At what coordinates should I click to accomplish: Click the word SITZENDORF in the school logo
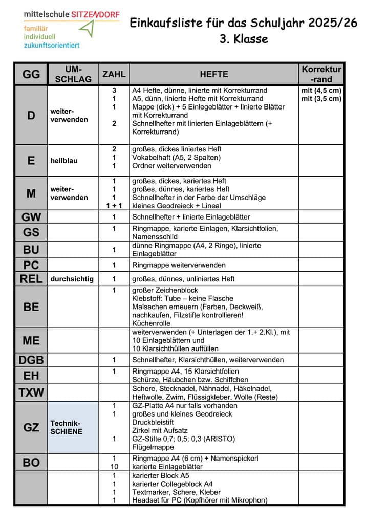point(95,15)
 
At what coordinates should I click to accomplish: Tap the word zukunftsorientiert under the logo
point(51,45)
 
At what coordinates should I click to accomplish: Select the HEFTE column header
point(213,74)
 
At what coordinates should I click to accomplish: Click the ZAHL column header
point(114,74)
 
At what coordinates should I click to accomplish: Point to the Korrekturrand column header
point(321,74)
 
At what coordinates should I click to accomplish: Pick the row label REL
point(31,279)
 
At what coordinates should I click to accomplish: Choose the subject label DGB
point(31,360)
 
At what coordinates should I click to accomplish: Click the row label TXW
point(31,393)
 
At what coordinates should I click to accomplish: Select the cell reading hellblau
point(64,160)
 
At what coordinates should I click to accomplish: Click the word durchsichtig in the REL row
point(72,279)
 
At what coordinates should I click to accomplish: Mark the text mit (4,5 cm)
point(321,91)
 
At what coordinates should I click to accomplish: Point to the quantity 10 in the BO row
point(114,467)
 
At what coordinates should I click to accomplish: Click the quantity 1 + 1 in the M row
point(114,206)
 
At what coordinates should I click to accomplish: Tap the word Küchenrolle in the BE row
point(151,323)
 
